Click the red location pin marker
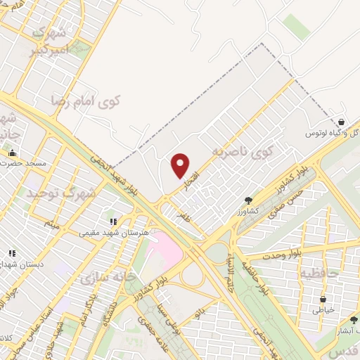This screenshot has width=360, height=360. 181,166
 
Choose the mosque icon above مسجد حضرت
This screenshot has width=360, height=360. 11,153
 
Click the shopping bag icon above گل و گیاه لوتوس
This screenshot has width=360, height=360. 341,123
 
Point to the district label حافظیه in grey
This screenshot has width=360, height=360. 319,271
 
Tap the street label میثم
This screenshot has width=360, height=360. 51,224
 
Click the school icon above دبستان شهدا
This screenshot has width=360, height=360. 11,252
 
